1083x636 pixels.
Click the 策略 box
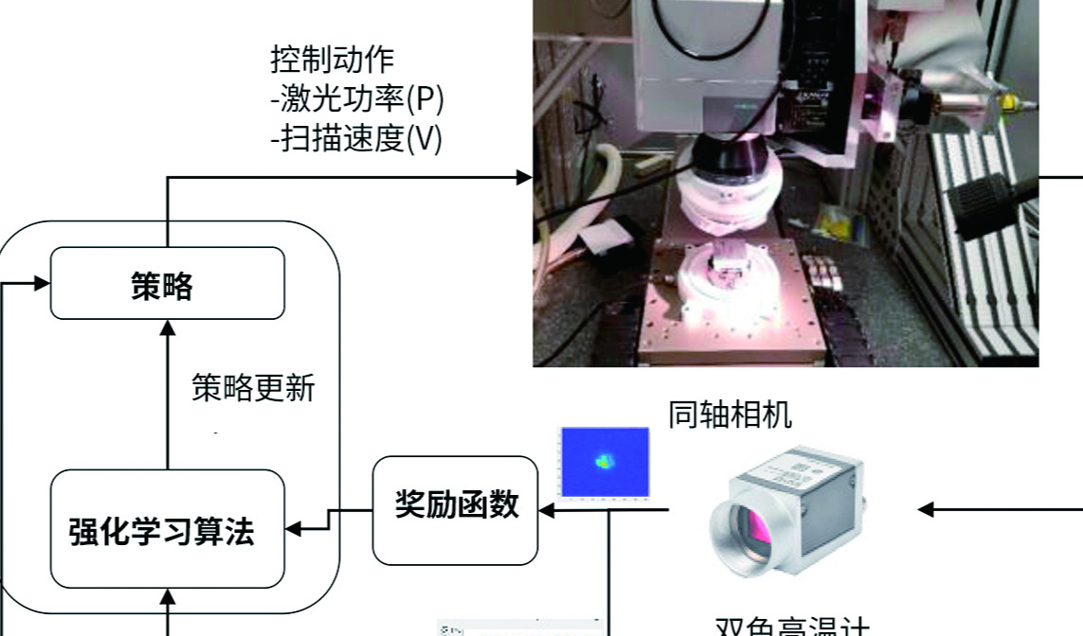click(x=167, y=283)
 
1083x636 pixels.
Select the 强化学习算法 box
click(x=167, y=529)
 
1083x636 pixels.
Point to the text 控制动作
click(x=333, y=60)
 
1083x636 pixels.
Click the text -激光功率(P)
click(x=357, y=100)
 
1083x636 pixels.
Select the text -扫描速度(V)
click(x=356, y=140)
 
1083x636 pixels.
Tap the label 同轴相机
click(x=731, y=415)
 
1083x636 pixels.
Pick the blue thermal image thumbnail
click(x=605, y=463)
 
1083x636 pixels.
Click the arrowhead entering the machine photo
click(x=524, y=177)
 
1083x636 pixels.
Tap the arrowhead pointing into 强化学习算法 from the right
click(x=293, y=529)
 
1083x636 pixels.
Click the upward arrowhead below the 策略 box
click(x=168, y=327)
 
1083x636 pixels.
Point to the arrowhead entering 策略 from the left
click(x=42, y=283)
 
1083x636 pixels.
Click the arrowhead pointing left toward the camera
click(x=927, y=510)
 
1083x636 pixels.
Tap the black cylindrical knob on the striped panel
click(x=976, y=203)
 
